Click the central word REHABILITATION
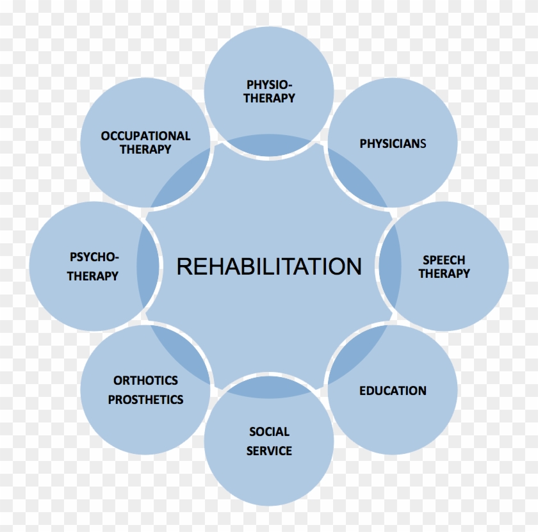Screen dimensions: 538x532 [x=269, y=266]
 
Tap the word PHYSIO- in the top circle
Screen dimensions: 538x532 [x=270, y=85]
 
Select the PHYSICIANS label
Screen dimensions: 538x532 [x=393, y=143]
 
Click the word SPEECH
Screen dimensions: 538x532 [x=444, y=260]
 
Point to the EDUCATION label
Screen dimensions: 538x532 [x=393, y=391]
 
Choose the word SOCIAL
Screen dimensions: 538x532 [x=270, y=431]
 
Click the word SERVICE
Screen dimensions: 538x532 [x=270, y=451]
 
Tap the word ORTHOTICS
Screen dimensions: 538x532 [x=146, y=380]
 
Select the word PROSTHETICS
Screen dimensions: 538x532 [x=146, y=399]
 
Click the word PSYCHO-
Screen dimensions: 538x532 [x=94, y=257]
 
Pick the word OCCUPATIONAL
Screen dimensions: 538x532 [x=145, y=136]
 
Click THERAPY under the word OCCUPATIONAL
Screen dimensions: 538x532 [x=145, y=149]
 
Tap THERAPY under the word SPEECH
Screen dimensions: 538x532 [x=444, y=273]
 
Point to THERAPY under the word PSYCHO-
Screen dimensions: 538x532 [x=93, y=276]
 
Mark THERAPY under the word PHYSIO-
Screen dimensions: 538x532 [x=270, y=98]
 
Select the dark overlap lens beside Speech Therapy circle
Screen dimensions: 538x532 [x=390, y=266]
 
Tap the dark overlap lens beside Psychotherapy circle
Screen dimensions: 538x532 [x=148, y=266]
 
